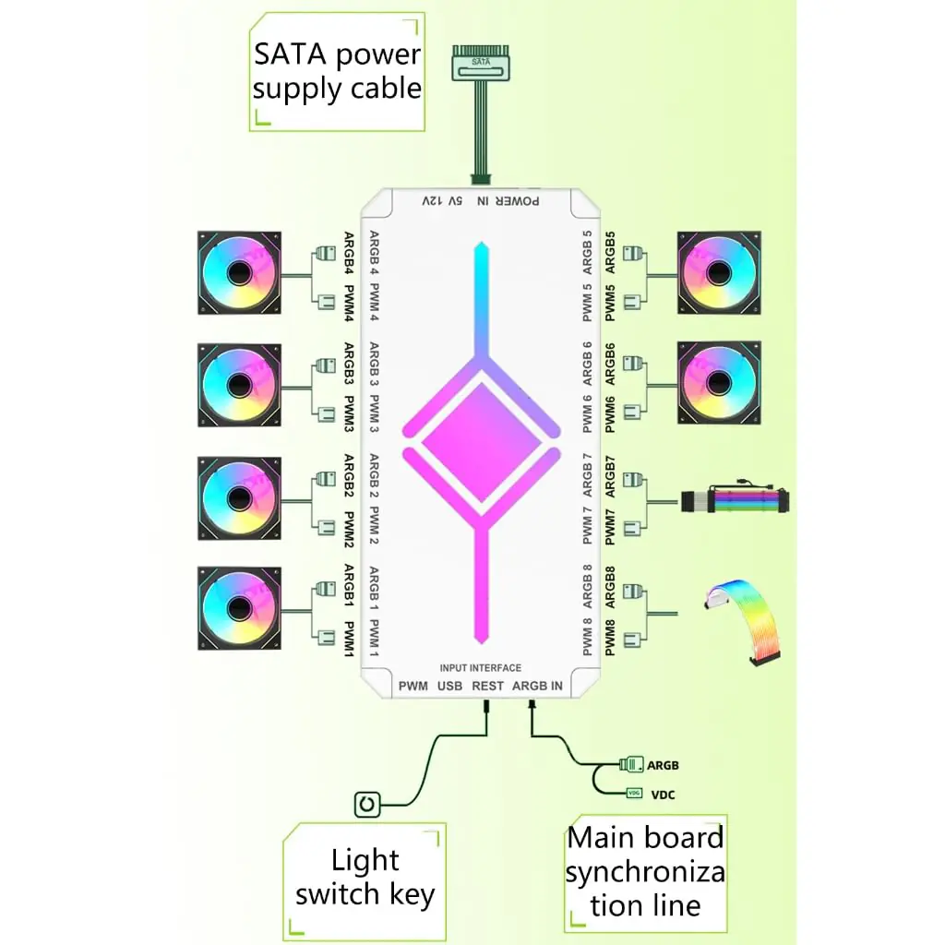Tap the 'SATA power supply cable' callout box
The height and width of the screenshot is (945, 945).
[x=337, y=72]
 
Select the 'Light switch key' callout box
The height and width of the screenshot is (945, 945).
[x=365, y=878]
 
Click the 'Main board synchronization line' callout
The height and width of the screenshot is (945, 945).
[x=645, y=872]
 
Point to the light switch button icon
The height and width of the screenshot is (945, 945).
[x=367, y=804]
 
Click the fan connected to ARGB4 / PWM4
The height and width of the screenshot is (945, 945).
[x=239, y=272]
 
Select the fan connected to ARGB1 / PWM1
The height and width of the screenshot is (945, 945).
[x=239, y=608]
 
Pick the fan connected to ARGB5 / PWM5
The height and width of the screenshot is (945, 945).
[x=719, y=272]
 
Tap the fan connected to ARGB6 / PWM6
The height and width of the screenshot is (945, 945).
[x=719, y=383]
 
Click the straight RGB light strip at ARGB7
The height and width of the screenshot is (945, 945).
[x=735, y=501]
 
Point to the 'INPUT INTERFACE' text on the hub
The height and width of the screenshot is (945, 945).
[x=480, y=668]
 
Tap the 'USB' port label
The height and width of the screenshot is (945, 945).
[x=449, y=686]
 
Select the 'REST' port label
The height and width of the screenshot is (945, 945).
[x=487, y=686]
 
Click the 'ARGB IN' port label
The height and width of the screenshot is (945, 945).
[x=537, y=686]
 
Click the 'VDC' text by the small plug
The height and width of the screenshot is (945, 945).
[x=663, y=795]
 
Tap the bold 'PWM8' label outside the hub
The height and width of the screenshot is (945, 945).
[x=610, y=638]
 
